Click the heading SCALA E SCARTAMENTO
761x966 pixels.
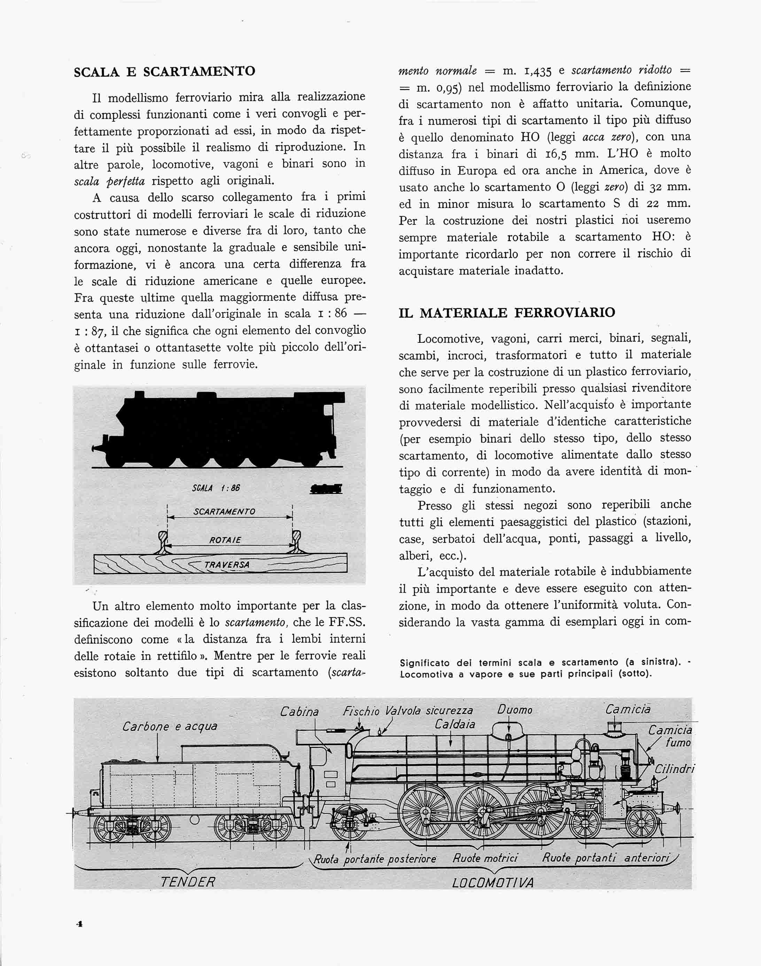point(164,72)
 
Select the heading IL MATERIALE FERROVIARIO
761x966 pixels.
point(507,312)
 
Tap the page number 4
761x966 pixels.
point(80,924)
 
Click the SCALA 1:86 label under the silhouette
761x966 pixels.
point(216,488)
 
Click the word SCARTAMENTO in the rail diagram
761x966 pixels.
point(224,512)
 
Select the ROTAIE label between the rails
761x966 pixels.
point(225,540)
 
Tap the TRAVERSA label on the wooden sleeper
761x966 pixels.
point(227,565)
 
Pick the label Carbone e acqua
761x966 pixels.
point(170,727)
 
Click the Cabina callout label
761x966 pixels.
point(300,712)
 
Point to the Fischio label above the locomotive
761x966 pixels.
point(361,711)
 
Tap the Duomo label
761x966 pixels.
point(515,710)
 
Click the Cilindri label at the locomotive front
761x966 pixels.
point(675,769)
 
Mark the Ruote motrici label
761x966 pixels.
point(485,858)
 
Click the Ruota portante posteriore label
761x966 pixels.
point(375,859)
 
